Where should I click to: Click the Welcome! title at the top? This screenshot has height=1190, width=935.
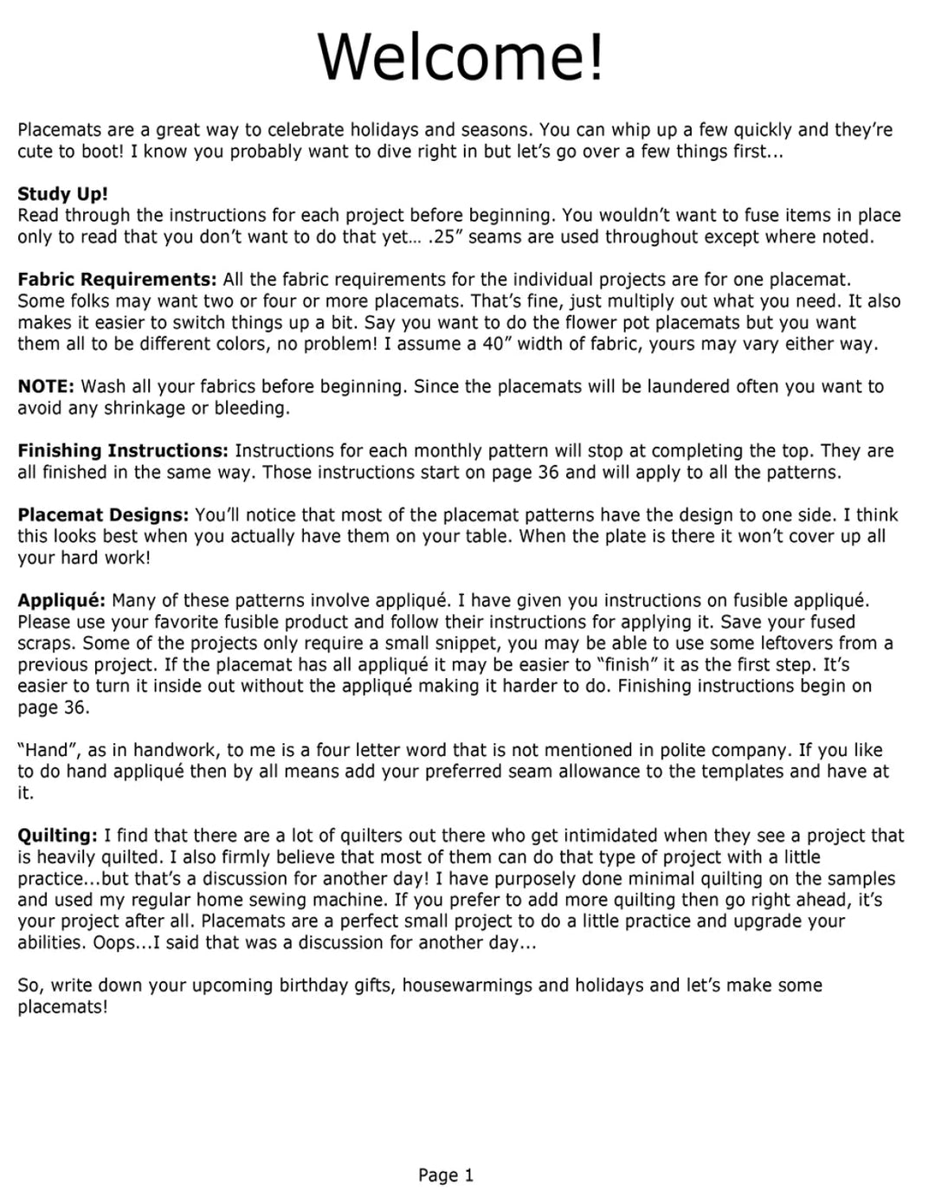(461, 56)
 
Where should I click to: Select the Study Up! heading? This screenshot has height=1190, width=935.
(62, 194)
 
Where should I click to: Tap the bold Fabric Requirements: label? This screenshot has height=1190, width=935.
(117, 280)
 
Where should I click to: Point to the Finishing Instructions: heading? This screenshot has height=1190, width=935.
(123, 450)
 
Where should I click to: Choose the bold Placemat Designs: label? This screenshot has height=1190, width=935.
(103, 514)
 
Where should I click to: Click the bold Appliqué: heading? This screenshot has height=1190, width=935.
(61, 600)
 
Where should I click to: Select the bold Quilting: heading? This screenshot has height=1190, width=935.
(57, 836)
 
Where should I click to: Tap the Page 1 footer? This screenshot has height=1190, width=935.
(446, 1175)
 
